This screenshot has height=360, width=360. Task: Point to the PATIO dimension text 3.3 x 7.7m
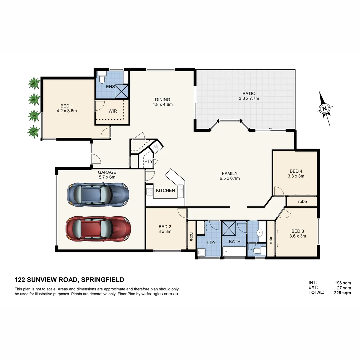249,99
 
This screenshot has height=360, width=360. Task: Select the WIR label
113,111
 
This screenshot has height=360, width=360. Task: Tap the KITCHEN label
165,190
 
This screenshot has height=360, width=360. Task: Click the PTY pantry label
148,162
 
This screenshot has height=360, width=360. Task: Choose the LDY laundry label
211,242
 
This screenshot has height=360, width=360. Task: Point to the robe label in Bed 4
302,202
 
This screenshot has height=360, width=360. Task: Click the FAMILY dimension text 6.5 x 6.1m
229,178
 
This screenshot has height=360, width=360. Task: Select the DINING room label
162,99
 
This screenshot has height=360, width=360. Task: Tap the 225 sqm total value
342,293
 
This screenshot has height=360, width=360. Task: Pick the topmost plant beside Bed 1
33,83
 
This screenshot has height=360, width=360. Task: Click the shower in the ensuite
122,91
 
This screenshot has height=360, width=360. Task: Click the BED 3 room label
298,231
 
